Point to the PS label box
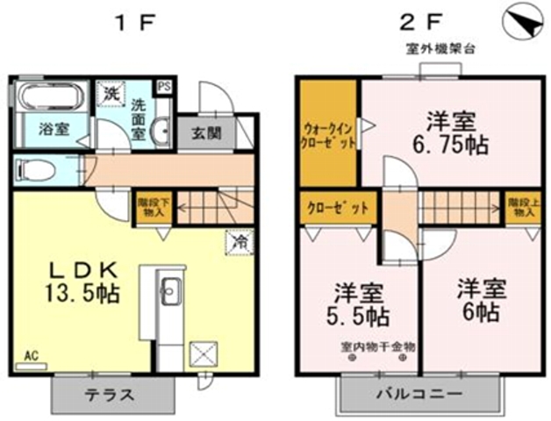(163, 87)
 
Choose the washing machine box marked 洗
(111, 93)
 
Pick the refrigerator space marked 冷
(238, 239)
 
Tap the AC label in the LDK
(31, 356)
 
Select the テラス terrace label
(109, 395)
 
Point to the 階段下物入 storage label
(150, 206)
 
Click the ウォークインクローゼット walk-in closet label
(327, 132)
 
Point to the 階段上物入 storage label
(520, 206)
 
